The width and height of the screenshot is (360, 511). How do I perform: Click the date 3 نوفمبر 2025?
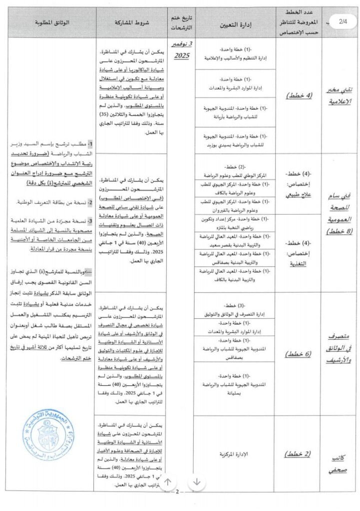click(x=181, y=50)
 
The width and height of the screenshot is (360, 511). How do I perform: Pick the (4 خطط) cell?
click(x=298, y=95)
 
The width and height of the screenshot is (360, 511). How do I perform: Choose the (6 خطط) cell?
click(x=298, y=354)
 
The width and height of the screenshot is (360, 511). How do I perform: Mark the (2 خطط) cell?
click(x=298, y=454)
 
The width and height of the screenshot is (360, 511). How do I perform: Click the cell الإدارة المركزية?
click(x=235, y=455)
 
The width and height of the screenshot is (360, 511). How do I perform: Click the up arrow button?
click(x=168, y=482)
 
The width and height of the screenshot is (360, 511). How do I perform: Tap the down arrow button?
click(x=197, y=482)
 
